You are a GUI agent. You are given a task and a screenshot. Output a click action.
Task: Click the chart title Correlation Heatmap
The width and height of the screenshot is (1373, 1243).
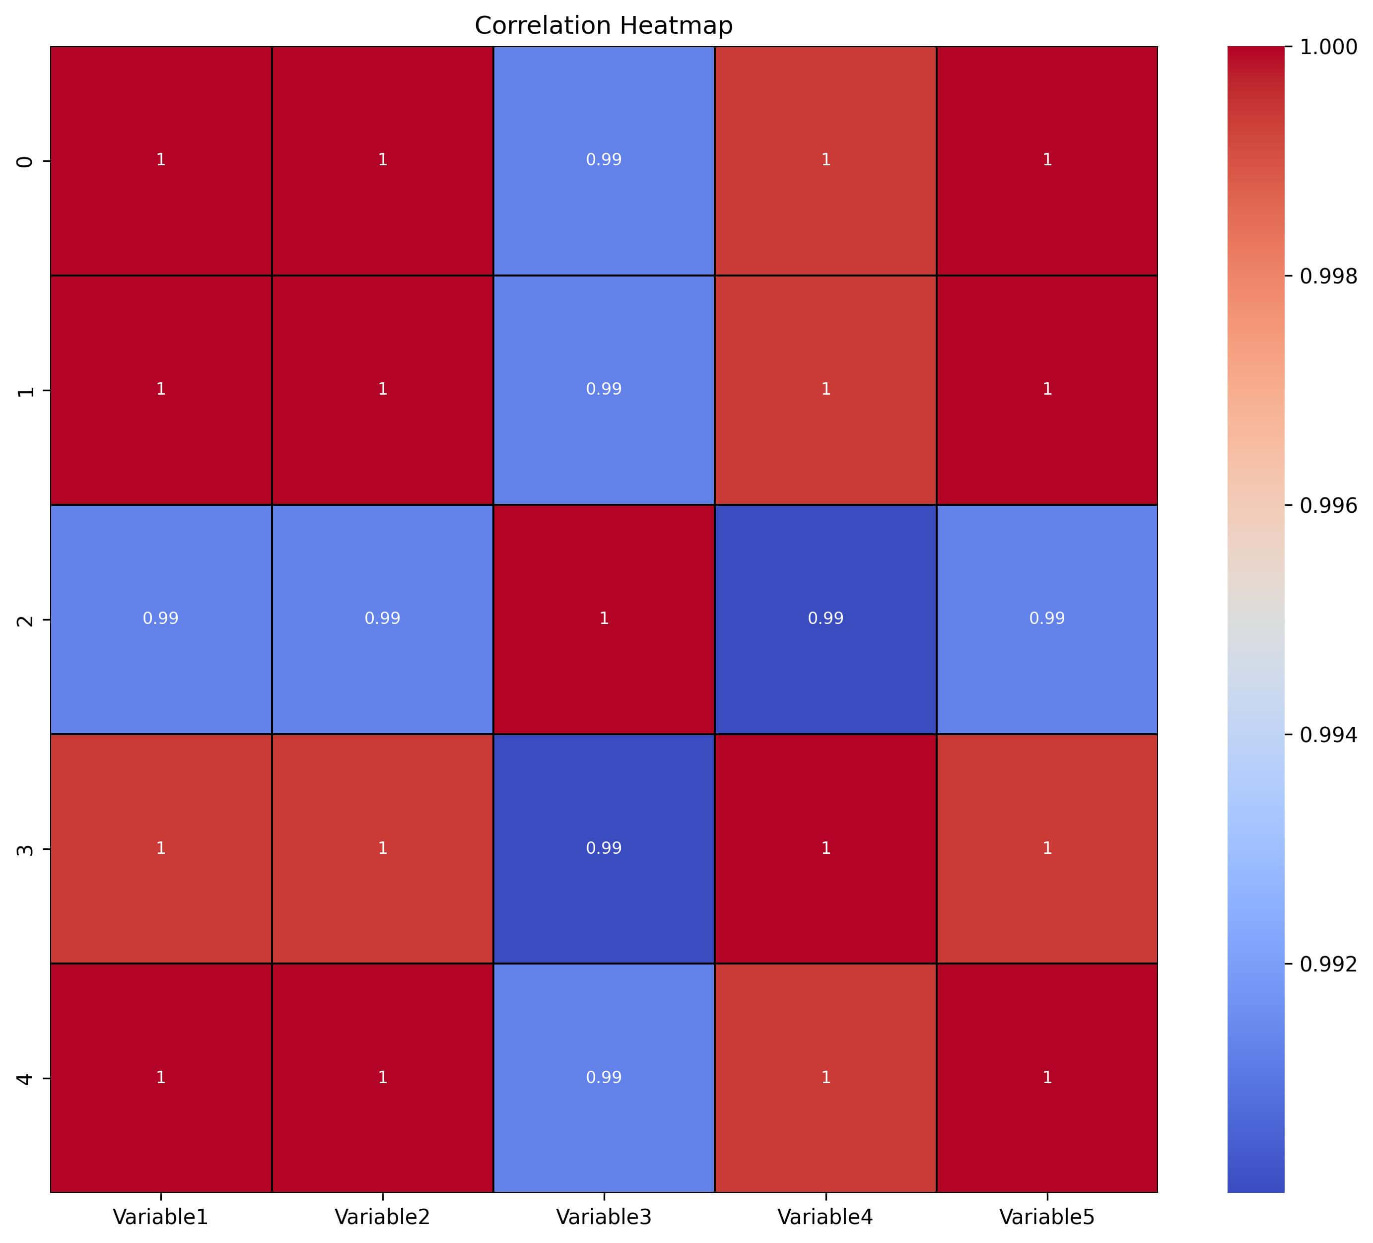[604, 26]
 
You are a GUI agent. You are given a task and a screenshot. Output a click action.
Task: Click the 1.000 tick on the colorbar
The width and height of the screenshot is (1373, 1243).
[1328, 47]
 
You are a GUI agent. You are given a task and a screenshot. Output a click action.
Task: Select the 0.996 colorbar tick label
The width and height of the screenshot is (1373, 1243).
[1328, 505]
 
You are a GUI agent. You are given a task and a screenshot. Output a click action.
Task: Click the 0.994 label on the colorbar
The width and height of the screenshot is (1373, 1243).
[1328, 735]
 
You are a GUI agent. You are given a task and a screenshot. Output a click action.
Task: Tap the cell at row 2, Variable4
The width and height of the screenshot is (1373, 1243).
[825, 619]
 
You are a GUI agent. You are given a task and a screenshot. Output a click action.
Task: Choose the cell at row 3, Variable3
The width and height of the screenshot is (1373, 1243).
[604, 848]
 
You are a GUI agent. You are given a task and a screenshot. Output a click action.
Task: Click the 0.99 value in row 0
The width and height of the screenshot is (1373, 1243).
[604, 160]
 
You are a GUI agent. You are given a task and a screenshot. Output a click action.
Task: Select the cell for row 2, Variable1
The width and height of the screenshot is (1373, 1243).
[161, 619]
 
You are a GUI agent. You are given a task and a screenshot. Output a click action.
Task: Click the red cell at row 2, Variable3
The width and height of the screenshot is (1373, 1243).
[604, 619]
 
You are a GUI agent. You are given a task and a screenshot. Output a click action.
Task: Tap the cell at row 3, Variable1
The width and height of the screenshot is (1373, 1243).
[161, 848]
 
